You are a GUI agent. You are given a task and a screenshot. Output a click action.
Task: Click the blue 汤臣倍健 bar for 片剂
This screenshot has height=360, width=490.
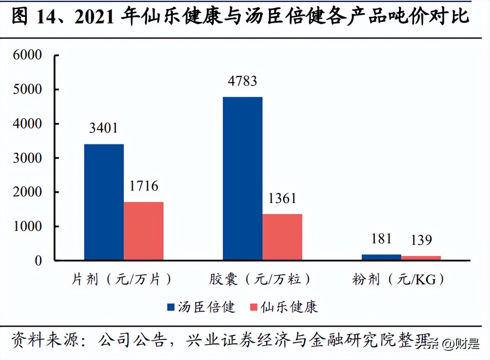[x=104, y=202]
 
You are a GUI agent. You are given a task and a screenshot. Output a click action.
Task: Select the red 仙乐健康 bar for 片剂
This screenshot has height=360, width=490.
[x=143, y=231]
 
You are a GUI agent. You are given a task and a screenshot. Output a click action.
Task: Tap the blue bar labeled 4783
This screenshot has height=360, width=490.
[x=242, y=179]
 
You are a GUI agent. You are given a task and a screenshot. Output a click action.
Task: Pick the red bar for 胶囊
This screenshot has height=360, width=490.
[x=282, y=237]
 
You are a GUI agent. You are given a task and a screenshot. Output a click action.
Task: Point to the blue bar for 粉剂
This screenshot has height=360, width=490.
[x=381, y=257]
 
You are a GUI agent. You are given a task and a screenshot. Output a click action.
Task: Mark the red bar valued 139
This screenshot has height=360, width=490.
[x=421, y=258]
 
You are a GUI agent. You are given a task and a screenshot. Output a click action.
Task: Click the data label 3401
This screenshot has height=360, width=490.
[x=103, y=128]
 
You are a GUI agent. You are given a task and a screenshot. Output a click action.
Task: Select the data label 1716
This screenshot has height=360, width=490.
[x=143, y=186]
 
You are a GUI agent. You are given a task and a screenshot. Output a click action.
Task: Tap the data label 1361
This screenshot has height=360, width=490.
[x=282, y=198]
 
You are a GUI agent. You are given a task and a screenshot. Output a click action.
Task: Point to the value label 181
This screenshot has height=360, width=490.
[x=381, y=239]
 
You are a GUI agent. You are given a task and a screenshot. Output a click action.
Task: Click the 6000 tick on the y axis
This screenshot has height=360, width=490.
[x=27, y=55]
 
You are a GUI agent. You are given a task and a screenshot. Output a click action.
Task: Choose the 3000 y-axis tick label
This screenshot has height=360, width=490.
[x=27, y=158]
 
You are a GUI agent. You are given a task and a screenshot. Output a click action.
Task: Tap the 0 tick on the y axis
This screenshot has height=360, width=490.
[x=38, y=261]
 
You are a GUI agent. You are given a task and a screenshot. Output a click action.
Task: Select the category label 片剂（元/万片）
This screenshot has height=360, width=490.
[x=121, y=279]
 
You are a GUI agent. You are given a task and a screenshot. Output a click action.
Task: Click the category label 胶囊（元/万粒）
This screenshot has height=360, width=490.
[x=260, y=279]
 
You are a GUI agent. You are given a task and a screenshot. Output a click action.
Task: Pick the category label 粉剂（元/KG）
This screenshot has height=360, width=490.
[x=398, y=279]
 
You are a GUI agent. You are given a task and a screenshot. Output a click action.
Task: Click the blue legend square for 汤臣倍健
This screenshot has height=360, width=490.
[x=171, y=307]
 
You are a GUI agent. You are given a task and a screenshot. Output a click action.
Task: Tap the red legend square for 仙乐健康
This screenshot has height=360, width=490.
[x=253, y=307]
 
